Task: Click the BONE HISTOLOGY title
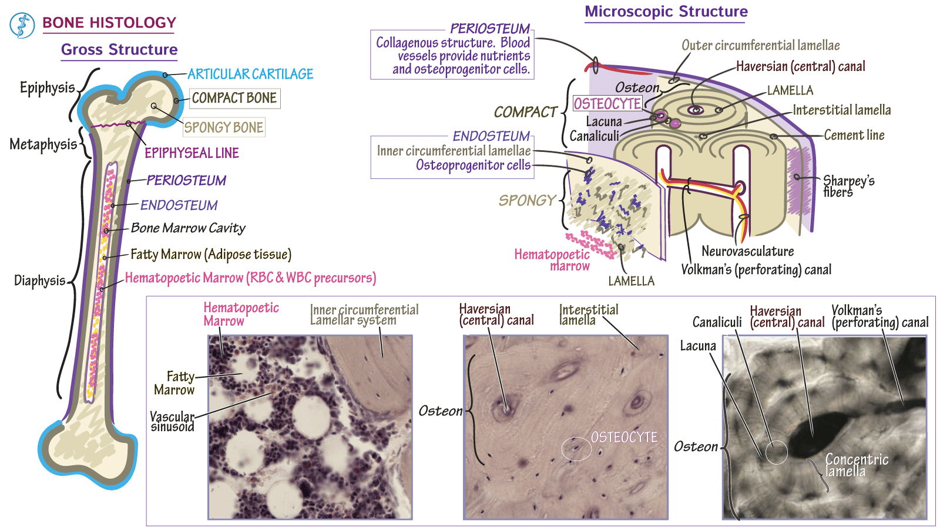coord(109,23)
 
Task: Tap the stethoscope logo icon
coord(22,26)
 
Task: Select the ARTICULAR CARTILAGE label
coord(250,74)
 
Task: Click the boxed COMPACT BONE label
coord(234,98)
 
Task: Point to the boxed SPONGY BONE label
coord(224,127)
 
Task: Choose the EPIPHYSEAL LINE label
coord(192,153)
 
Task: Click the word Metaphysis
coord(43,144)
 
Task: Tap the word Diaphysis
coord(39,280)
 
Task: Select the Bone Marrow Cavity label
coord(188,228)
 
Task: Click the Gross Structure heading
coord(119,50)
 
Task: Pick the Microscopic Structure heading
coord(666,12)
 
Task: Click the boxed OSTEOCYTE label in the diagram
coord(607,104)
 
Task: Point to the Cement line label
coord(854,136)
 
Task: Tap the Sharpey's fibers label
coord(848,186)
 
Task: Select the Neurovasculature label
coord(747,252)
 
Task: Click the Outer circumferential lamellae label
coord(760,46)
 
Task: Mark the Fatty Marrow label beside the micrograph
coord(176,383)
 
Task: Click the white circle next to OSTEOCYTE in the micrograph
coord(576,449)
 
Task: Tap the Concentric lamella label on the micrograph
coord(856,465)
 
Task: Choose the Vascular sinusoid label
coord(172,421)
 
